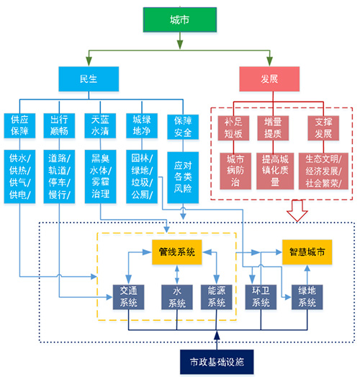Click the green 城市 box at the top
pos(180,19)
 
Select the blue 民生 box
pos(89,79)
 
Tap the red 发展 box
pos(269,79)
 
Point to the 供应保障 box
pos(19,125)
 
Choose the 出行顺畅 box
pos(59,125)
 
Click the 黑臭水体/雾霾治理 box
pos(100,177)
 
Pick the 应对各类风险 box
pos(183,177)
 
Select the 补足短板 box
pos(233,128)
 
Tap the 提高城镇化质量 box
pos(275,171)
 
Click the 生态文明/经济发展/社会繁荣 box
pos(323,171)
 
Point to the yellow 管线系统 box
pos(176,252)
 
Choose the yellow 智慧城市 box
pos(307,252)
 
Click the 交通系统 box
pos(128,297)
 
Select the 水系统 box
pos(177,297)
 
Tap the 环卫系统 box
pos(261,297)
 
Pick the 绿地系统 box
pos(307,297)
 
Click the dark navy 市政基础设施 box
pos(217,362)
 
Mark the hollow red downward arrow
pos(297,210)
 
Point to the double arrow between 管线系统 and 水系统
pos(177,275)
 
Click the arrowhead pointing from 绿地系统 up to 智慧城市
pos(307,268)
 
